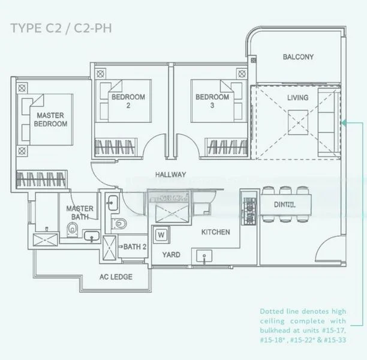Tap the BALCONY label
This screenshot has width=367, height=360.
(298, 57)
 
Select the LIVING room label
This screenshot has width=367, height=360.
(297, 97)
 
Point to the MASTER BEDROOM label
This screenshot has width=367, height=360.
(51, 119)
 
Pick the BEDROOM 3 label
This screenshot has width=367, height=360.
(212, 101)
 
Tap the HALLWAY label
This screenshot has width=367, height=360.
(170, 175)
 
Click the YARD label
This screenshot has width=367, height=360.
(171, 254)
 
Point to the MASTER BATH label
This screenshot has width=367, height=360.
(79, 212)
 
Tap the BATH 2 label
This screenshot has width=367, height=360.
(135, 247)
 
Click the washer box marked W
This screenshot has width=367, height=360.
(161, 235)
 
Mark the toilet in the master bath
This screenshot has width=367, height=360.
(73, 229)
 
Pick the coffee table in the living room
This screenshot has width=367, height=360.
(297, 122)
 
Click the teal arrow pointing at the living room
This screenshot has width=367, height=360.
(345, 122)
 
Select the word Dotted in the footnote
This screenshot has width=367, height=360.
(272, 311)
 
